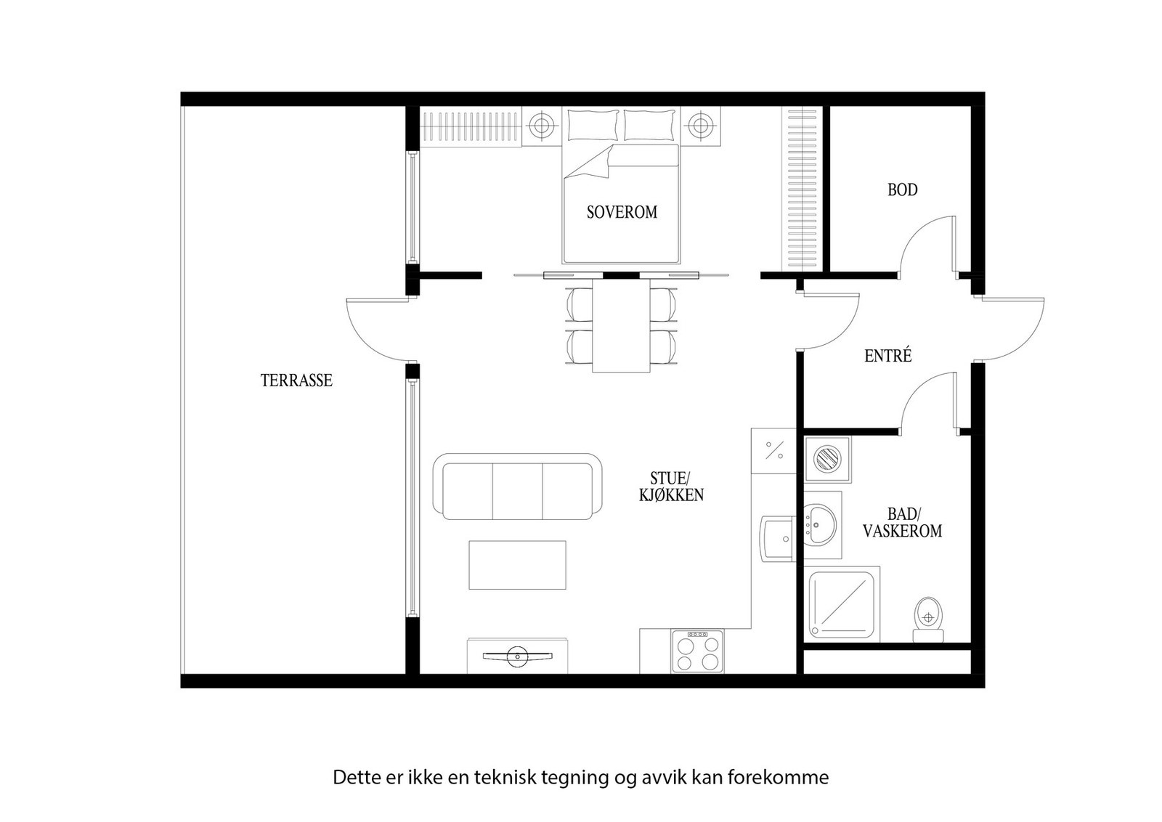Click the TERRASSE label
coord(296,381)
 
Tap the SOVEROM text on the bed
coord(622,212)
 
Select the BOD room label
coord(902,190)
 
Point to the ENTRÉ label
coord(887,357)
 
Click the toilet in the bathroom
coord(927,619)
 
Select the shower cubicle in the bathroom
coord(843,605)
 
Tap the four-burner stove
coord(697,651)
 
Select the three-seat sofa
coord(517,487)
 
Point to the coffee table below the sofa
coord(517,565)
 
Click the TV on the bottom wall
coord(517,656)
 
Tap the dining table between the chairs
coord(621,327)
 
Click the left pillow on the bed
coord(593,125)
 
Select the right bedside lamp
coord(700,126)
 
